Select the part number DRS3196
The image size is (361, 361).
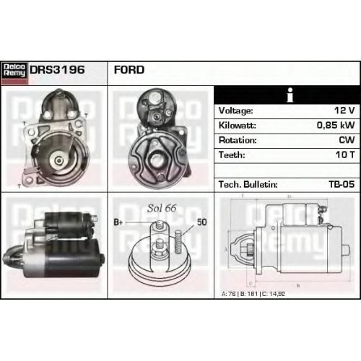coord(57,70)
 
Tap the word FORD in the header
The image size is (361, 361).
coord(129,70)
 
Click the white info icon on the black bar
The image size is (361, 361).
coord(290,95)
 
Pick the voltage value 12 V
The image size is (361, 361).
coord(344,110)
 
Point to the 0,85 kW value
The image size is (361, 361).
coord(336,125)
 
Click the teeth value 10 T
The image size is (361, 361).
coord(345,155)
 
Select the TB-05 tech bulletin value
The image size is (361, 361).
coord(342,184)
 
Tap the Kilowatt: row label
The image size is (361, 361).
coord(237,126)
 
